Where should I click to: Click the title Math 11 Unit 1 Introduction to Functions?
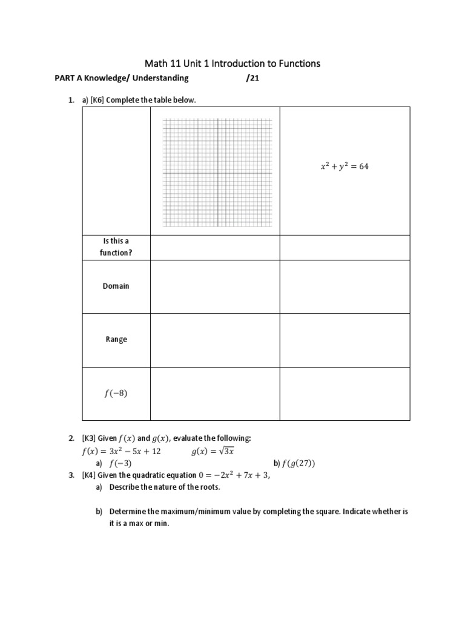pos(232,63)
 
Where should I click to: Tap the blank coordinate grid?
pos(217,173)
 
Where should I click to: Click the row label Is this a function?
pos(116,247)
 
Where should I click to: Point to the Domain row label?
pos(116,286)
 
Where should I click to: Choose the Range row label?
pos(116,339)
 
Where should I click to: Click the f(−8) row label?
pos(116,393)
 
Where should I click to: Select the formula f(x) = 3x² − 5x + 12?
pos(121,451)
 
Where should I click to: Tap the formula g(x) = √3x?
pos(213,451)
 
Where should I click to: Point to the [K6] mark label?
pos(97,100)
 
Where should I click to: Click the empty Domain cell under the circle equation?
pos(345,286)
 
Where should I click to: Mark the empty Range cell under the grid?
pos(215,340)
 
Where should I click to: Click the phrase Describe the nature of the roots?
pos(165,487)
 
